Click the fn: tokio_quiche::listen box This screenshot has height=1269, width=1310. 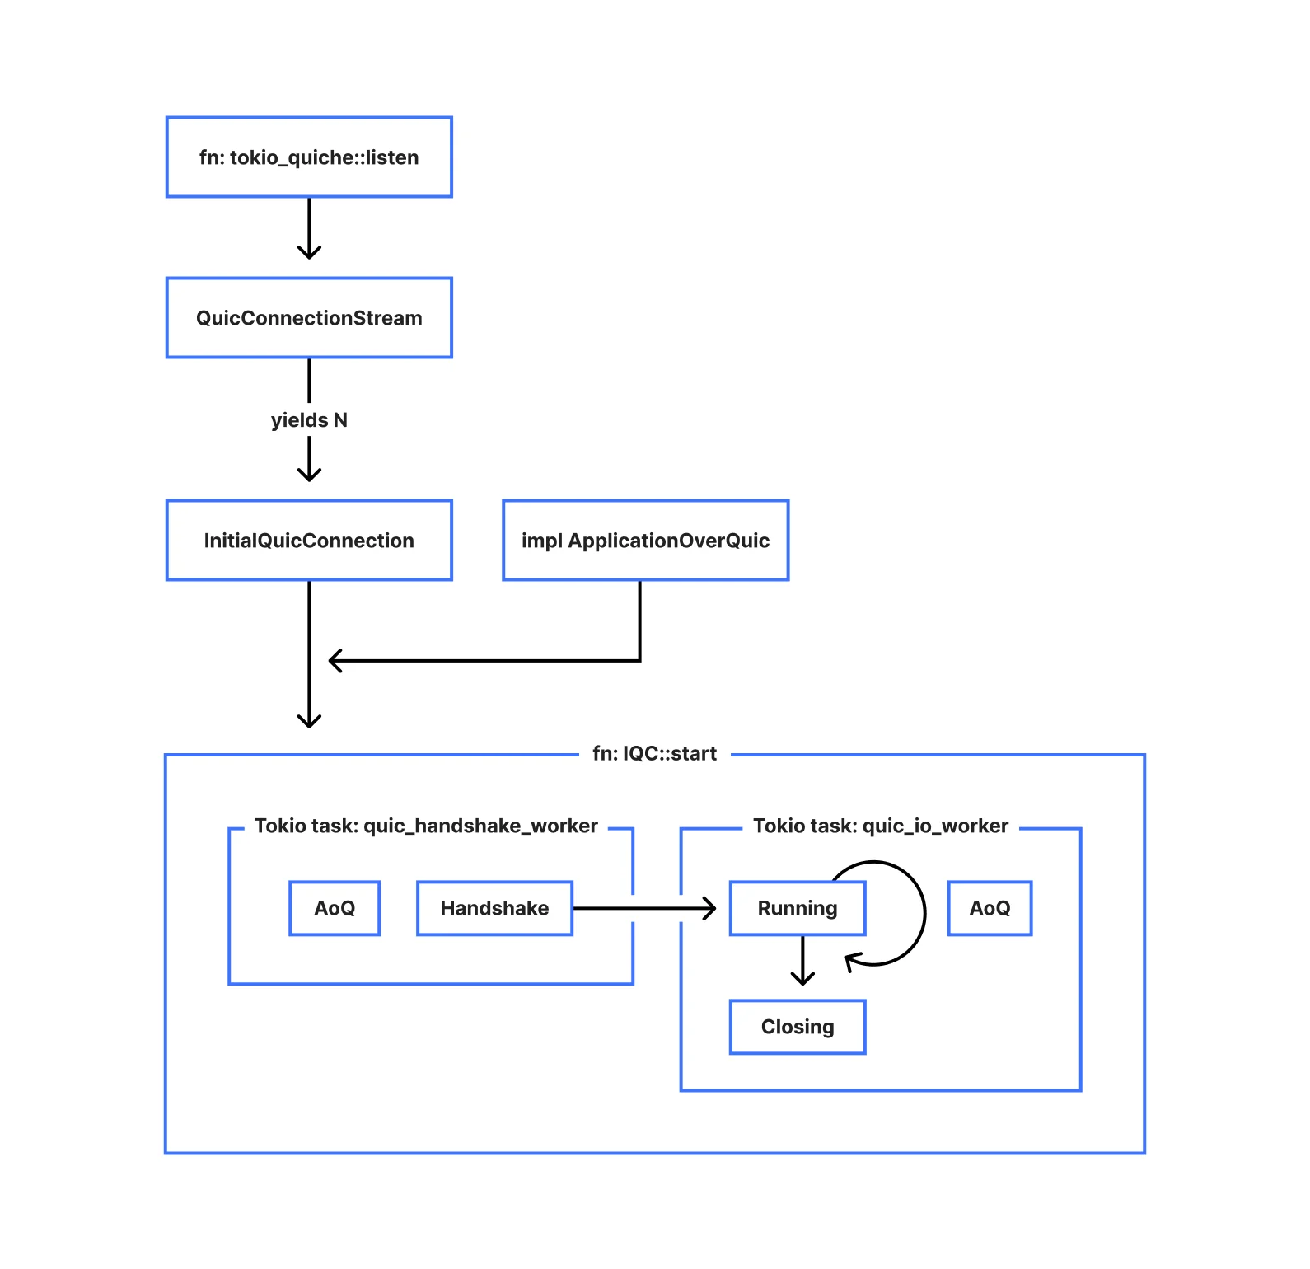click(309, 157)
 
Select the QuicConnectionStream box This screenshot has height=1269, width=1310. click(309, 318)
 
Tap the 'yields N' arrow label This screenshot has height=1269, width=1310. click(309, 420)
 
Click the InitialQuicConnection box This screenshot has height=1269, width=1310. click(309, 541)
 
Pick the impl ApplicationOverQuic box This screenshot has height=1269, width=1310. click(645, 541)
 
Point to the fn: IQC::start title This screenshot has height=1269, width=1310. click(654, 754)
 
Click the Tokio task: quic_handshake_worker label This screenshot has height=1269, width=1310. click(426, 826)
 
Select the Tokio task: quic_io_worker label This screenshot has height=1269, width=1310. click(880, 826)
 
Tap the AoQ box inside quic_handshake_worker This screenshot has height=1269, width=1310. click(335, 908)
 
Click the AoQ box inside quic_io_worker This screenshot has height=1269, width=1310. click(990, 908)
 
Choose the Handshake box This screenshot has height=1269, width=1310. click(494, 908)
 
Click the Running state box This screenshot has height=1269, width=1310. click(797, 908)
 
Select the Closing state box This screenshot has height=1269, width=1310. click(797, 1027)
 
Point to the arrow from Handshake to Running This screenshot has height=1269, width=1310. click(643, 908)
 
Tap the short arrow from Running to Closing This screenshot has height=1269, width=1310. click(802, 961)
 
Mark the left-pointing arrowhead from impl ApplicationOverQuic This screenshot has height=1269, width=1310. click(335, 660)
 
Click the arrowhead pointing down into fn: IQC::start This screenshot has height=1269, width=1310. click(309, 720)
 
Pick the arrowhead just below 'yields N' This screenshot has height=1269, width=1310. click(309, 473)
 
